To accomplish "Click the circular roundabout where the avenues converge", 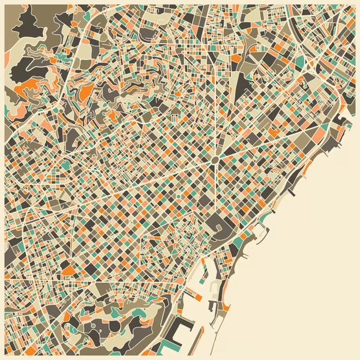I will [214, 159].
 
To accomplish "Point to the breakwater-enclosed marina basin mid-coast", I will [259, 230].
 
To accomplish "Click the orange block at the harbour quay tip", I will [197, 296].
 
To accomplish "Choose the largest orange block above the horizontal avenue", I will [70, 269].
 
